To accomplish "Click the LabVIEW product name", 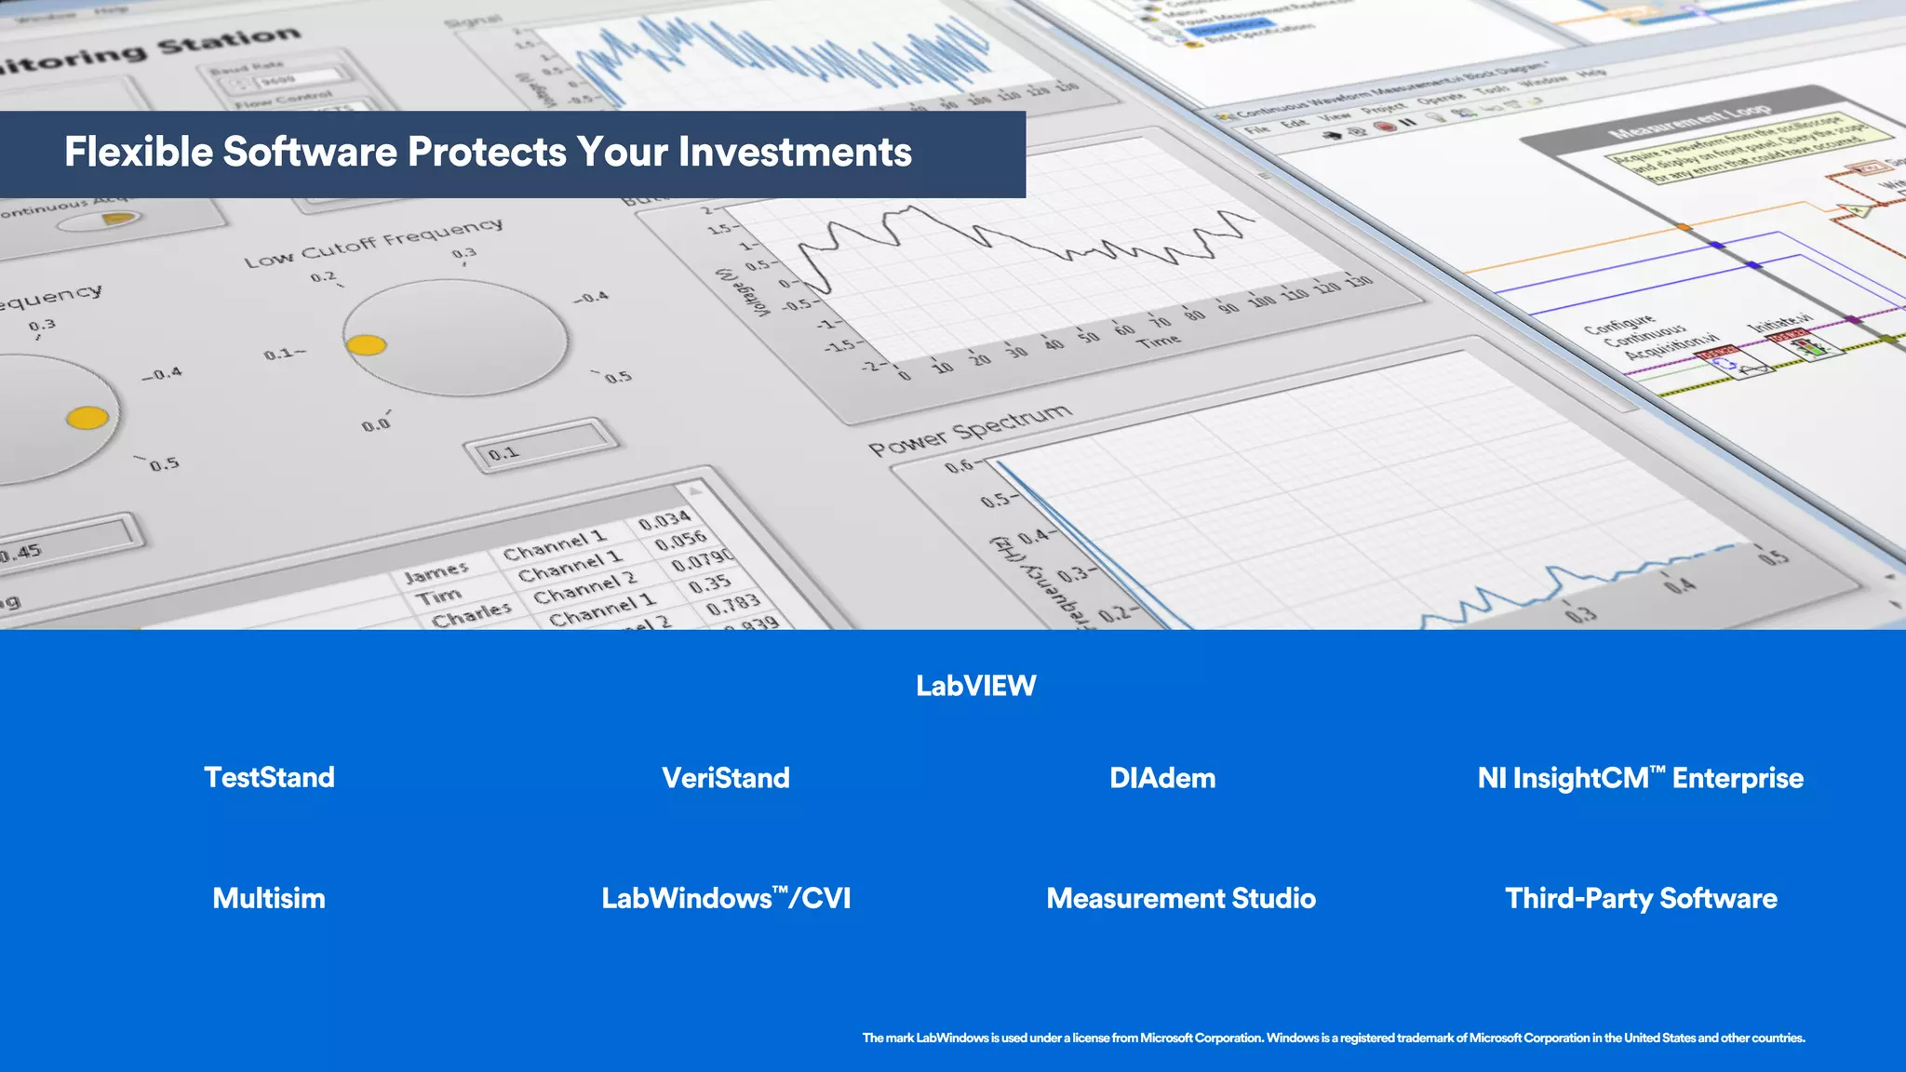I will click(975, 686).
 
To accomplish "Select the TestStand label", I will click(269, 777).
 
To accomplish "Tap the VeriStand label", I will click(725, 778).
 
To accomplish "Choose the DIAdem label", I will click(1162, 778).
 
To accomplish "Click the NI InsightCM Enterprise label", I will click(1640, 778).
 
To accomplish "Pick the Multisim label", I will click(269, 898).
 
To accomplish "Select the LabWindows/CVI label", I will click(726, 898).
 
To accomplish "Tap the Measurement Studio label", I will click(1181, 898).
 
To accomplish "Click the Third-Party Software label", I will click(1641, 898).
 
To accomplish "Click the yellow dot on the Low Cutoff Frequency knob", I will click(367, 345).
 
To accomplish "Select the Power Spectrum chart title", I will click(970, 429).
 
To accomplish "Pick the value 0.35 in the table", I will click(710, 583).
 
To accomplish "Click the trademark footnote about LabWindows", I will click(1333, 1038).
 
